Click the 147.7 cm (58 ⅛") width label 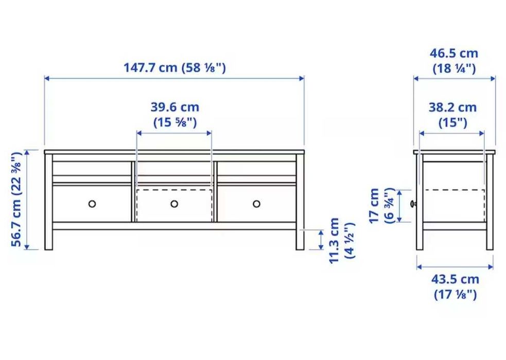tap(174, 68)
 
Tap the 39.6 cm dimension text tap(175, 107)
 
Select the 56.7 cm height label tap(17, 200)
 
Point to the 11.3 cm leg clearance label tap(335, 240)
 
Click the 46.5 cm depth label tap(454, 53)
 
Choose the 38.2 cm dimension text tap(452, 107)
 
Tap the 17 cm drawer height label tap(374, 206)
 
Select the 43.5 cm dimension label tap(455, 280)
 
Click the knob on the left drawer tap(92, 204)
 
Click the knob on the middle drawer tap(174, 204)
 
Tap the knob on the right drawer tap(256, 204)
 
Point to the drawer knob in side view tap(413, 204)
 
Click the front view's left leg tap(49, 239)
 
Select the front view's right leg tap(300, 239)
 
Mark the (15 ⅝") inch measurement tap(175, 122)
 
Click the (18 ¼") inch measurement tap(454, 68)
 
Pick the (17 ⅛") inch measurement tap(455, 295)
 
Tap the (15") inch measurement tap(452, 122)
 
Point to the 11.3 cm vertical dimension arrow tap(321, 240)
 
